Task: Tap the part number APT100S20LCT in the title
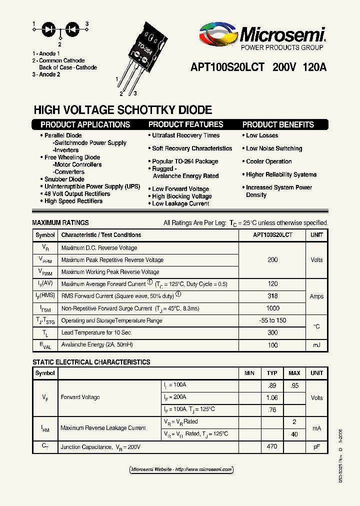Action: point(227,67)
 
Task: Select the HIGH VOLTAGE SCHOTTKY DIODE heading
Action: point(122,110)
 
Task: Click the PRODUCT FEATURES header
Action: point(185,124)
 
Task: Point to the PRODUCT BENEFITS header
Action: point(278,124)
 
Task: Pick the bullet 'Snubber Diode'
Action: point(64,179)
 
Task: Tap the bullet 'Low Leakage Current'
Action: point(180,203)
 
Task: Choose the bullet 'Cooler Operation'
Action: point(268,161)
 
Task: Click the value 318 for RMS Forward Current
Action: point(272,296)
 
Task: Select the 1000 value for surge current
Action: point(272,308)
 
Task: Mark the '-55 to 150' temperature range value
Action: point(272,320)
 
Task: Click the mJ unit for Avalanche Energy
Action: point(316,345)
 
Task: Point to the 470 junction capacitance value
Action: point(272,446)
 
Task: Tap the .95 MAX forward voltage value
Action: point(294,385)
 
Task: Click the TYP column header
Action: point(272,373)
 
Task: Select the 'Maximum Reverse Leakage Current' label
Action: point(103,428)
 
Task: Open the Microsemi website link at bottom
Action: point(181,469)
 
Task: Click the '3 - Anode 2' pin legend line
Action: point(46,74)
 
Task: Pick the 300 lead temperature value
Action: point(272,332)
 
